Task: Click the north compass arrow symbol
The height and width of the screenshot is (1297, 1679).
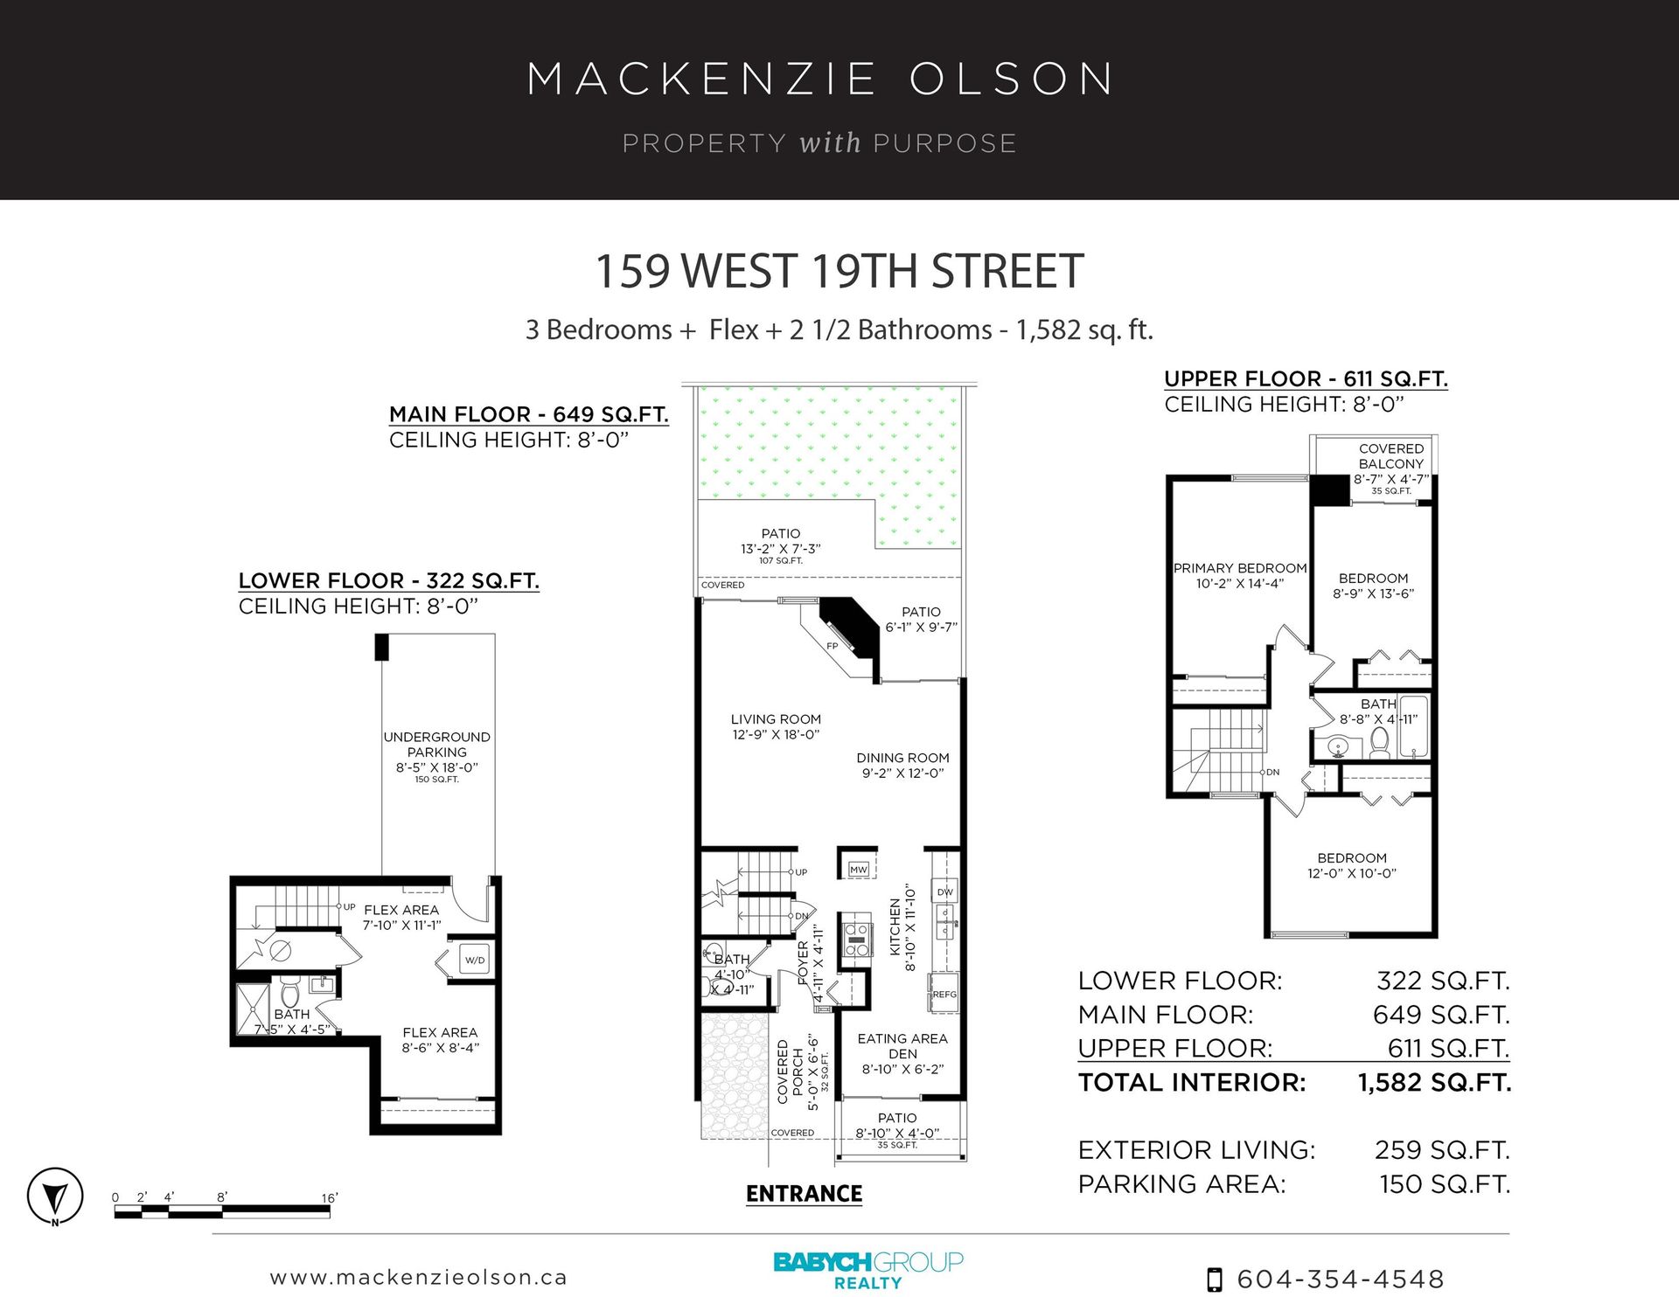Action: (x=55, y=1196)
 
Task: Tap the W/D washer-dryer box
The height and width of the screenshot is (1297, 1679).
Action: (x=475, y=960)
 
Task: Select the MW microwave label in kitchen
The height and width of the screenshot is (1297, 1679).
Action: (x=859, y=870)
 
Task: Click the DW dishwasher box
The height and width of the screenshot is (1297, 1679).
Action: (x=945, y=892)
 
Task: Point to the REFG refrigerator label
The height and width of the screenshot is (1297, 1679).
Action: (x=944, y=995)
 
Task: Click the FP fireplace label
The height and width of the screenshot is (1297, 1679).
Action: (x=833, y=647)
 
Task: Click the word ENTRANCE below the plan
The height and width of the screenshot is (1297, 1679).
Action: (x=805, y=1194)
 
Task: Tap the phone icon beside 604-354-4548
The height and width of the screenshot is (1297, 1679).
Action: (x=1215, y=1280)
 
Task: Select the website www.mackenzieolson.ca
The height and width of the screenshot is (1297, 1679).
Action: (x=419, y=1278)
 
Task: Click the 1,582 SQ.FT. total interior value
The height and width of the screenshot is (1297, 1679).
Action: (x=1435, y=1083)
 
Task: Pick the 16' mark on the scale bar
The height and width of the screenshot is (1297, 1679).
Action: (x=330, y=1198)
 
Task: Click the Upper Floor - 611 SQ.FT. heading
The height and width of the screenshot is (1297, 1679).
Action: (x=1306, y=379)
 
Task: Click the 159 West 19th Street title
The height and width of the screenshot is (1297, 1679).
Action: (x=839, y=271)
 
